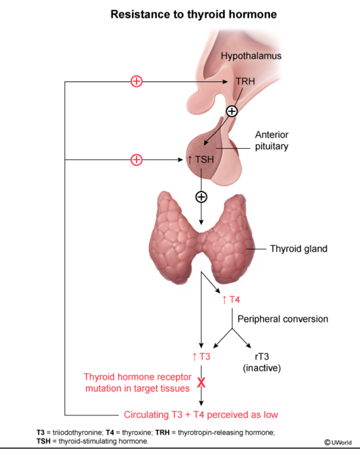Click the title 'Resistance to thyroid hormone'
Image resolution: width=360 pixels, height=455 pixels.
click(x=193, y=14)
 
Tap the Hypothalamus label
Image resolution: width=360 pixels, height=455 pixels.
click(x=251, y=56)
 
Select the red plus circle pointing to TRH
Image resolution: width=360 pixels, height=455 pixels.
click(x=136, y=82)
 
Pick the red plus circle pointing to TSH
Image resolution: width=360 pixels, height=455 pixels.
click(x=136, y=160)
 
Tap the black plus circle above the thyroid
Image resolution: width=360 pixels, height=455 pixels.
click(x=201, y=197)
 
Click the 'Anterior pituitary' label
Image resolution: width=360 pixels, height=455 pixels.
click(x=271, y=141)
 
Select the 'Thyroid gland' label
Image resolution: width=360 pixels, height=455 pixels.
click(x=299, y=249)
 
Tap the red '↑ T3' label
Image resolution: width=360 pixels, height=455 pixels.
click(x=201, y=357)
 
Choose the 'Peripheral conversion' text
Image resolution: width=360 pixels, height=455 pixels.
click(x=283, y=319)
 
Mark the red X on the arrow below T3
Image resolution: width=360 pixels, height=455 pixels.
click(x=201, y=382)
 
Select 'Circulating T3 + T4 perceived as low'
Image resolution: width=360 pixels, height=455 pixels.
click(x=201, y=415)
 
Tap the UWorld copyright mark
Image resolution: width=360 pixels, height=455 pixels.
click(x=338, y=442)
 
